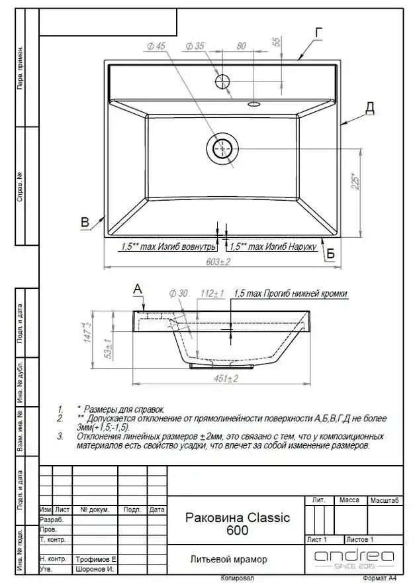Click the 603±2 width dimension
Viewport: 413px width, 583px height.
[x=218, y=262]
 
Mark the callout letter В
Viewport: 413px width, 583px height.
[x=85, y=223]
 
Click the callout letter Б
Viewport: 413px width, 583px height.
[x=330, y=254]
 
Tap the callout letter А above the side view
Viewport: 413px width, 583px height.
[x=137, y=288]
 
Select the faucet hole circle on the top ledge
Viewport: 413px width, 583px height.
[x=222, y=81]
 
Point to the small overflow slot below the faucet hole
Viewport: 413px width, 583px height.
[x=253, y=104]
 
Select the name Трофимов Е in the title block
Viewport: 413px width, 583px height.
[x=96, y=559]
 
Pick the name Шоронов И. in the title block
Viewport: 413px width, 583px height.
[x=96, y=569]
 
